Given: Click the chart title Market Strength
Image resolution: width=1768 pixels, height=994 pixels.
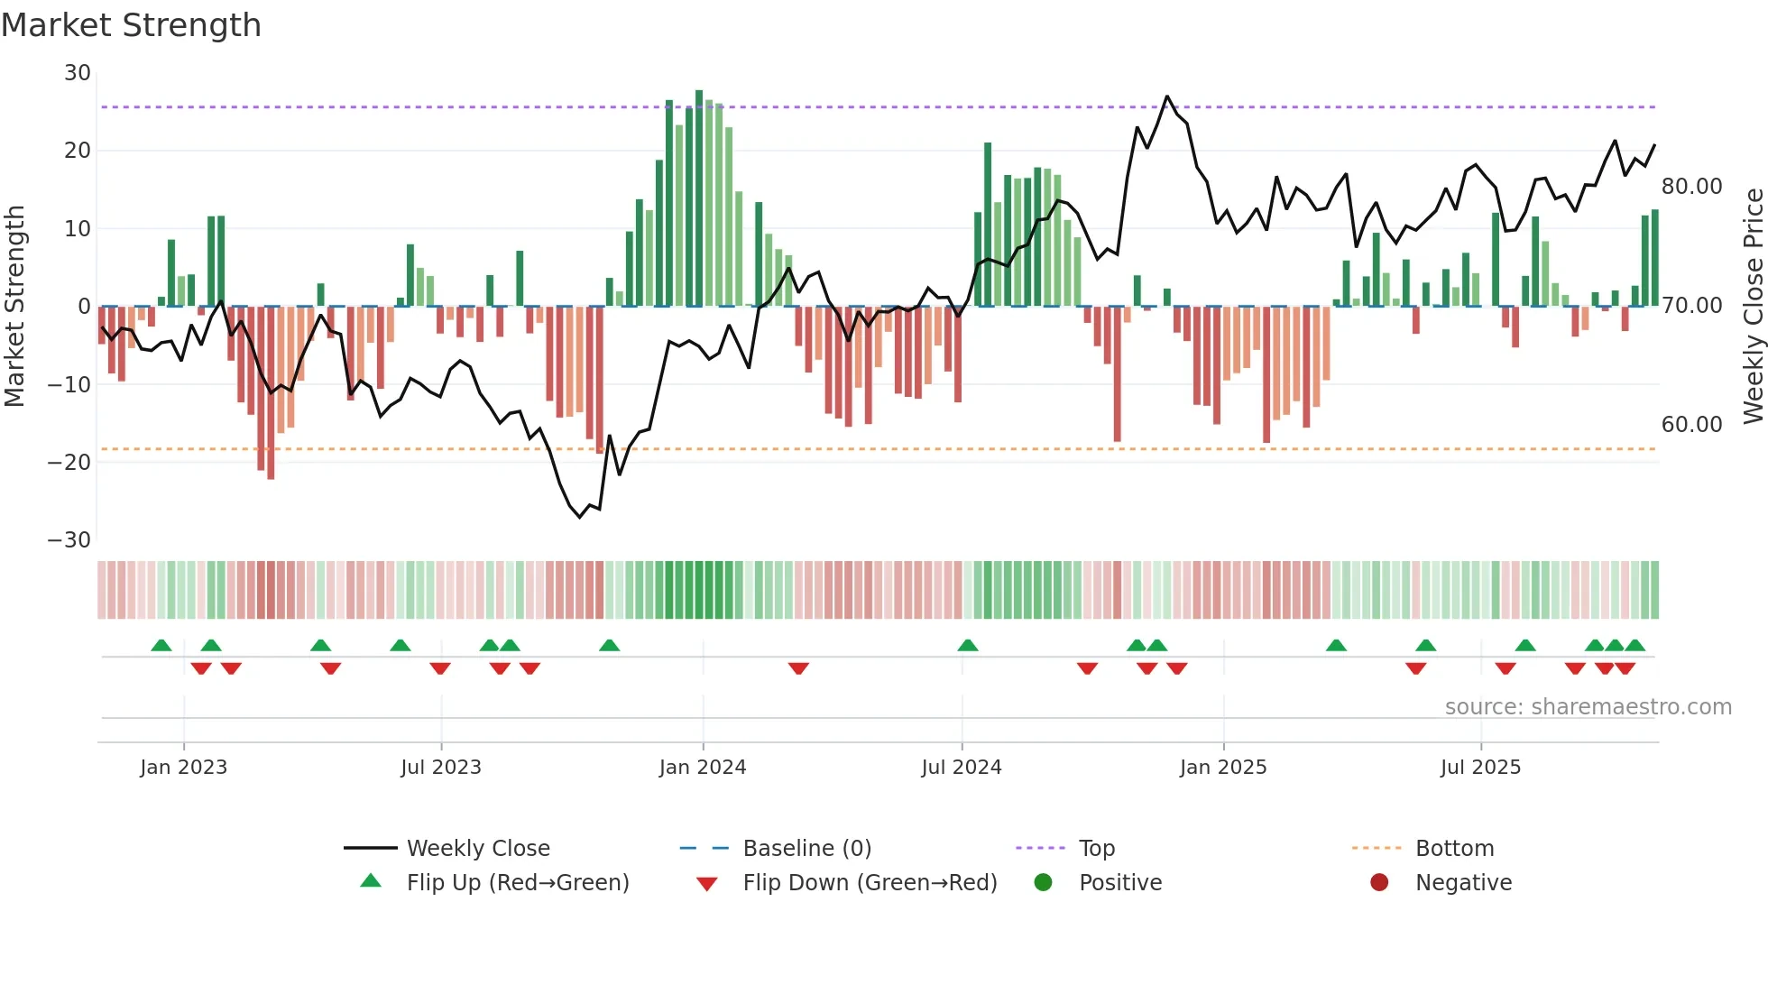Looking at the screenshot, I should point(131,25).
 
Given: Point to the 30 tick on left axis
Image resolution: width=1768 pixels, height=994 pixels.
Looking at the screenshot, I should point(78,73).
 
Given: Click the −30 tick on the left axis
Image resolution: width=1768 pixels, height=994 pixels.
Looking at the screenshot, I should point(69,540).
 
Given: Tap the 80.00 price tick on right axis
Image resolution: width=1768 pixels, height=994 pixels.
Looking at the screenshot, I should point(1691,187).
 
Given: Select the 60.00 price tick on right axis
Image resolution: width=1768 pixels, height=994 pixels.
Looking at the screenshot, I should point(1691,425).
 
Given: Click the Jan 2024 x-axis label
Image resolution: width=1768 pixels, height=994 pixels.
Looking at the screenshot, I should point(703,768).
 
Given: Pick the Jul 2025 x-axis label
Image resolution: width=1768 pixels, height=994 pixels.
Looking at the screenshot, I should point(1480,768).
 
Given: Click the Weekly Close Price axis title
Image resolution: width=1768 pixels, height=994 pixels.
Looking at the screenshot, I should point(1753,307).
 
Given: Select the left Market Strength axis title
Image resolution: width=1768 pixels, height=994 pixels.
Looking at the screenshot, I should point(14,307).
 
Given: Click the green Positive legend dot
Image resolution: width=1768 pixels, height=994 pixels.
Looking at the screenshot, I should point(1044,883).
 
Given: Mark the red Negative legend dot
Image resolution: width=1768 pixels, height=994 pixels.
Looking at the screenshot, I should point(1379,883).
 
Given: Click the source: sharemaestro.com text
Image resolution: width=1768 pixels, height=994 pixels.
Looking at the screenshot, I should point(1588,707).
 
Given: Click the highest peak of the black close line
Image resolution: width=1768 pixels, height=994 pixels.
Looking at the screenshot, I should point(1167,96).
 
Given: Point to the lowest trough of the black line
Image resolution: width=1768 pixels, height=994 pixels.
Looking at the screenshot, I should point(580,518).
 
